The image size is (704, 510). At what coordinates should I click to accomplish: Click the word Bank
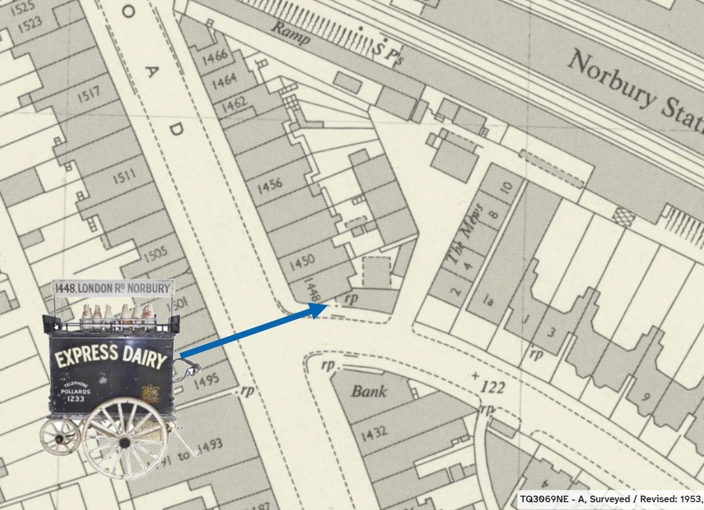(369, 391)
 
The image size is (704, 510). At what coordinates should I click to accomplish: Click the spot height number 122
(492, 387)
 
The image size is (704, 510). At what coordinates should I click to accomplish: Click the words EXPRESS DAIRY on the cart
(111, 356)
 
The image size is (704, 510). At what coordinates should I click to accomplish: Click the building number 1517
(90, 95)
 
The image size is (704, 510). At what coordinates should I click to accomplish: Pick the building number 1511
(124, 178)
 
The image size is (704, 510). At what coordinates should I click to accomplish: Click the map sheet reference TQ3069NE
(547, 499)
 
